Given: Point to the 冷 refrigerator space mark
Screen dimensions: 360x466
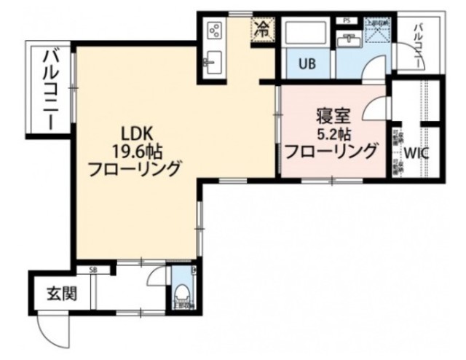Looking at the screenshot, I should pyautogui.click(x=261, y=30).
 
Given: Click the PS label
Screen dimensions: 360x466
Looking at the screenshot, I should pyautogui.click(x=347, y=22).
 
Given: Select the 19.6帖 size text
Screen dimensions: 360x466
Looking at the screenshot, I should pyautogui.click(x=135, y=152).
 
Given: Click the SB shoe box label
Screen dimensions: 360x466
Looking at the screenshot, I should pyautogui.click(x=92, y=270).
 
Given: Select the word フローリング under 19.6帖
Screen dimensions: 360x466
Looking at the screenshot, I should pyautogui.click(x=135, y=170).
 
